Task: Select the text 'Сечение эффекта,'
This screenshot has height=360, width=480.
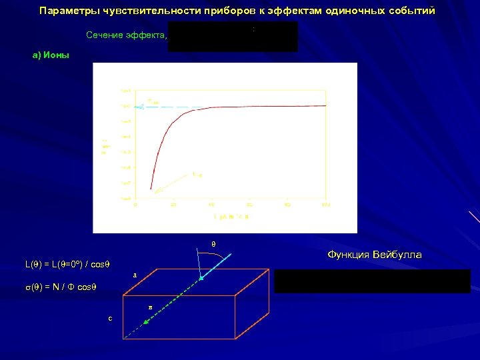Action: point(126,35)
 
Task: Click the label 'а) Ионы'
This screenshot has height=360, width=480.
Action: point(51,56)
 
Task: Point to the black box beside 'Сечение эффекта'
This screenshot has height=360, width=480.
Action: point(233,36)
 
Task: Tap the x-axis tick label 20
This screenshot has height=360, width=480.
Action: point(173,205)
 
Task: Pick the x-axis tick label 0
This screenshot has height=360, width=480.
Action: point(135,205)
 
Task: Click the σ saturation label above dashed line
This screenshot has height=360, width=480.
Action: point(153,101)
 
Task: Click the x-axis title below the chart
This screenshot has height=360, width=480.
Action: point(231,217)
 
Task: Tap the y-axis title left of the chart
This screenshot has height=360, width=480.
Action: point(105,146)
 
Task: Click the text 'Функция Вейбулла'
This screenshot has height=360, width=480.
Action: point(374,255)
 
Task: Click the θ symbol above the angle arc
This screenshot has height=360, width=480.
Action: point(213,244)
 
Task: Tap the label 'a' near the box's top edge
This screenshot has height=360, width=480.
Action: point(135,274)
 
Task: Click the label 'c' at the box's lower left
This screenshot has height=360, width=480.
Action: point(110,318)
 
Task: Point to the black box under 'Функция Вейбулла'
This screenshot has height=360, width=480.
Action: point(372,281)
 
